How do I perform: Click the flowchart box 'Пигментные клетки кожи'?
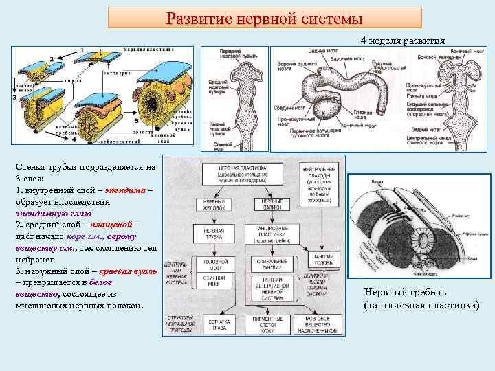[271, 322]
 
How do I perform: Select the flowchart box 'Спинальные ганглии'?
[271, 263]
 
